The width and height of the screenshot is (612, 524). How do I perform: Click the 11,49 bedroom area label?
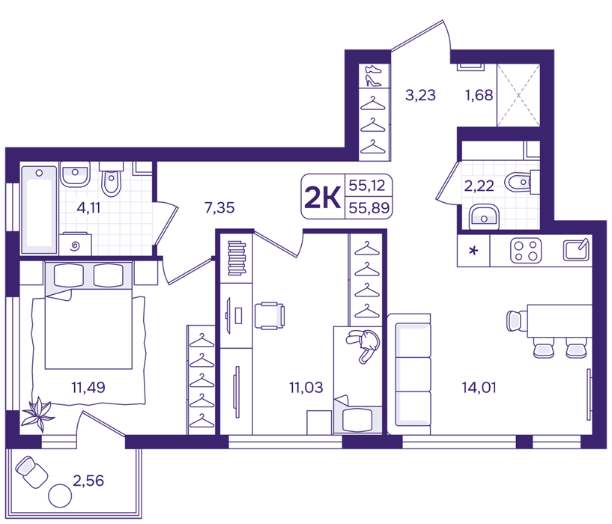tap(88, 388)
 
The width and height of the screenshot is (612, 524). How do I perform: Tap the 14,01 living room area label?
tap(479, 388)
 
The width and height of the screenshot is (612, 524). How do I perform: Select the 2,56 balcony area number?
tap(88, 481)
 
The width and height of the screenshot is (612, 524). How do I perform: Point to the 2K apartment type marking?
tap(322, 197)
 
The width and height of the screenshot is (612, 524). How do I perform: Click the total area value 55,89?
tap(369, 208)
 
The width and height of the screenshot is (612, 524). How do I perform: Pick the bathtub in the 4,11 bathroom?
tap(39, 210)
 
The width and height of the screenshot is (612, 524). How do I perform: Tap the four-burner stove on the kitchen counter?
tap(526, 251)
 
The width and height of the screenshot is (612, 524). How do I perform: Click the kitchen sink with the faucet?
tap(576, 250)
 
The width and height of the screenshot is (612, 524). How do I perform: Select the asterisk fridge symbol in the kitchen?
tap(473, 251)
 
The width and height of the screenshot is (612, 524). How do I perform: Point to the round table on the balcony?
tap(60, 496)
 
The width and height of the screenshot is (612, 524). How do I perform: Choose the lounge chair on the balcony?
tap(31, 472)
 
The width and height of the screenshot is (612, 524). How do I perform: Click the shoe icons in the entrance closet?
tap(373, 76)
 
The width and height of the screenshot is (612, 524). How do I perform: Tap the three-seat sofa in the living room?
tap(409, 374)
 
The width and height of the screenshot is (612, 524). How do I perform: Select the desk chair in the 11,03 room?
tap(270, 316)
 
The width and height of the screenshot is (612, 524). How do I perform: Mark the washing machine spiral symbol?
tap(76, 246)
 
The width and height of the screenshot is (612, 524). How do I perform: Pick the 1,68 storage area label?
tap(479, 95)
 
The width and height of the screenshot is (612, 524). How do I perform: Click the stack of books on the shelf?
tap(237, 258)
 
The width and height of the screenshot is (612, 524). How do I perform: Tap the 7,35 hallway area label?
tap(219, 207)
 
